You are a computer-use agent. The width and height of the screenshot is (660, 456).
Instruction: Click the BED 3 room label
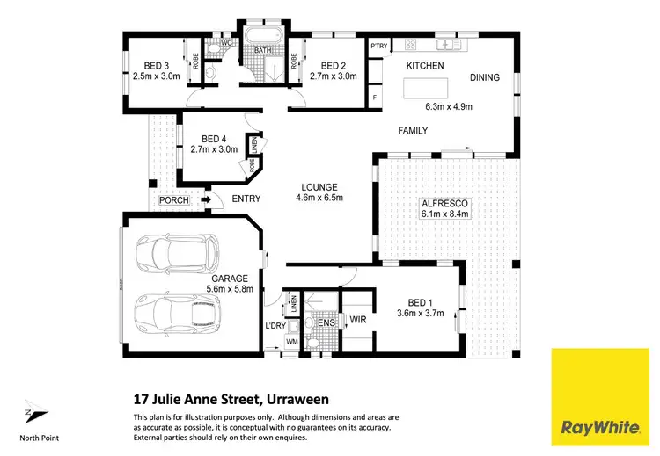[x=162, y=65]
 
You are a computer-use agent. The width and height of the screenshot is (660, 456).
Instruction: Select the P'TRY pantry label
[x=379, y=46]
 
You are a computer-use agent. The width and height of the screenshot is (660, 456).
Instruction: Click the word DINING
[x=484, y=77]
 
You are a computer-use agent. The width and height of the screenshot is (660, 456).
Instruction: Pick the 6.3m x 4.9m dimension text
[x=449, y=107]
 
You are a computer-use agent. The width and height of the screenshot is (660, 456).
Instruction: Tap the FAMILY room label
[x=412, y=131]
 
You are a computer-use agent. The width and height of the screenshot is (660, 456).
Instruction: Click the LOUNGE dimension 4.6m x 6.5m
[x=321, y=198]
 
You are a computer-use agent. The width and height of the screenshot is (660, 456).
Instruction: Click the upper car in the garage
[x=180, y=252]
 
